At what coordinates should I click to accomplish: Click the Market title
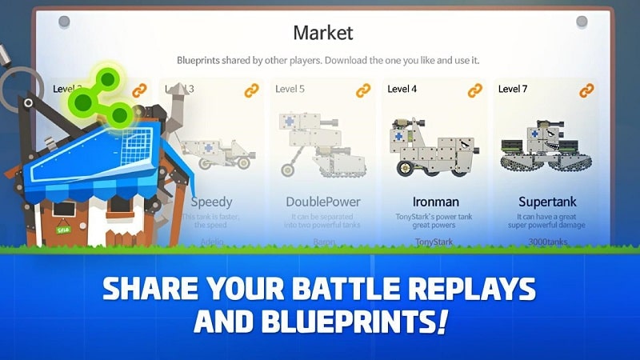coord(322,33)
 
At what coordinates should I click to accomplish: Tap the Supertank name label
coord(546,202)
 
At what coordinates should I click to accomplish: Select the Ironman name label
coord(436,202)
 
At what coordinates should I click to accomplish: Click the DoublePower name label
coord(323,202)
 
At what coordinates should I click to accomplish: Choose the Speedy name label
coord(211,202)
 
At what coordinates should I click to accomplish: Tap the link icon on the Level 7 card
coord(585,90)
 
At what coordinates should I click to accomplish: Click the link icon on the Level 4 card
coord(474,90)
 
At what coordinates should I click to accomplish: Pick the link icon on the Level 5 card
coord(362,90)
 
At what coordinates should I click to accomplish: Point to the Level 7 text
coord(514,89)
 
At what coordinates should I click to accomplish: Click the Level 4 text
coord(403,89)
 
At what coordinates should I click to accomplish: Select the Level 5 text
coord(290,89)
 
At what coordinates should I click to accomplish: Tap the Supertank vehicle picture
coord(546,150)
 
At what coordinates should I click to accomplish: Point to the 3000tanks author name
coord(546,239)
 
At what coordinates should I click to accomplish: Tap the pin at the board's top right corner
coord(582,21)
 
